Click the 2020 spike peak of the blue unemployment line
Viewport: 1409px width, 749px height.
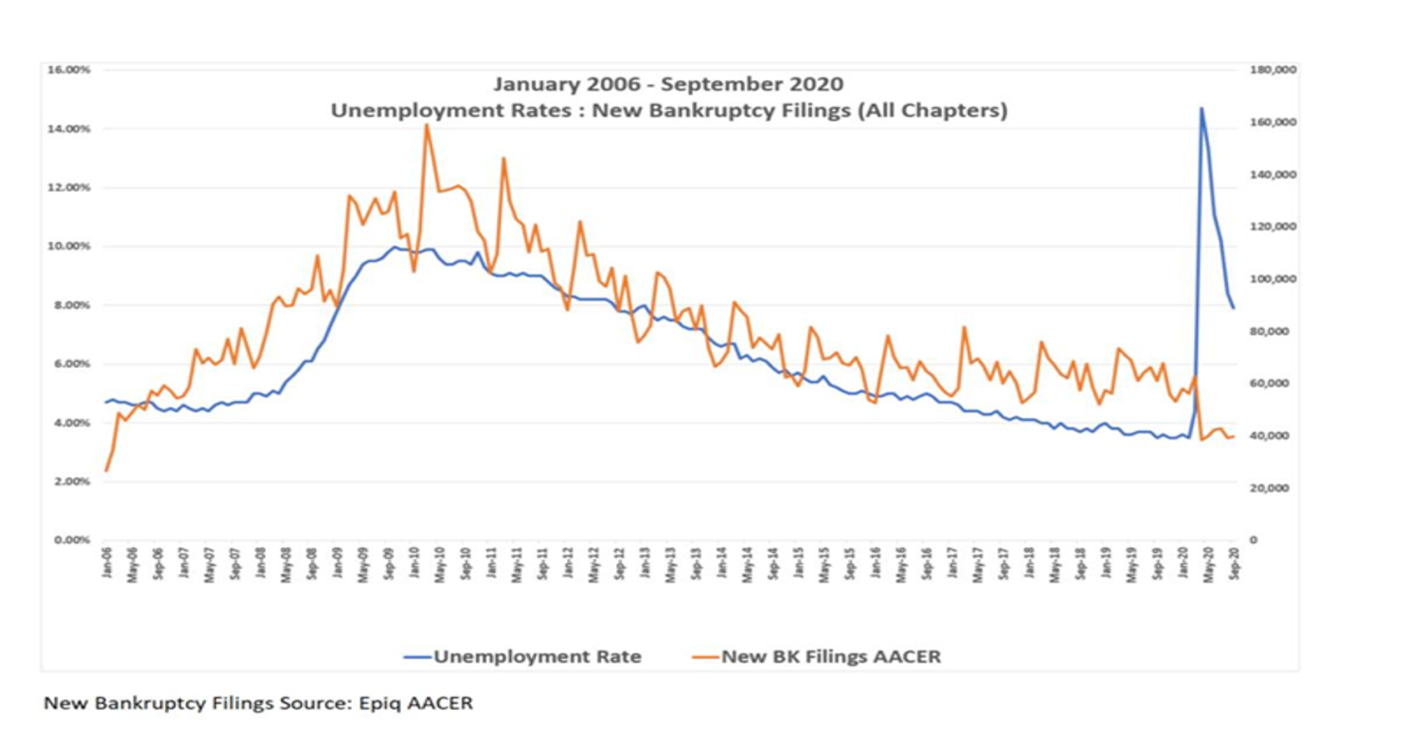(1201, 108)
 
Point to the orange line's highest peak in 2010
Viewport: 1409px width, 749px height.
(426, 125)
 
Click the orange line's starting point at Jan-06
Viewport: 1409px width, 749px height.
(106, 470)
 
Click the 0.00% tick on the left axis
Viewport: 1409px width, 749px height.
(72, 540)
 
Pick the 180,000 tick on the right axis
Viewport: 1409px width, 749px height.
(1272, 70)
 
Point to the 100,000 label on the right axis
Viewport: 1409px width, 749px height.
(1272, 279)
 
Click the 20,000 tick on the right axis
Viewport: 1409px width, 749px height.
(1269, 488)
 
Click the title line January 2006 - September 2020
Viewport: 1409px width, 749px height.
(668, 84)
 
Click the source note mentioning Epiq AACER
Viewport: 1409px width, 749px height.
(258, 703)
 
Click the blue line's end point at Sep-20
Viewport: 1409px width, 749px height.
(1234, 308)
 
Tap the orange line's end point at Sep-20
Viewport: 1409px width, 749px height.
(1234, 436)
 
